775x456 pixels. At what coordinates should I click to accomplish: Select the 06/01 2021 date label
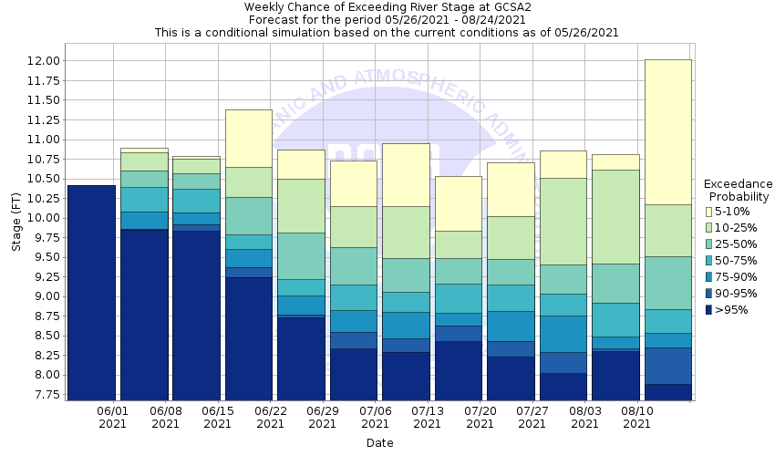tap(113, 418)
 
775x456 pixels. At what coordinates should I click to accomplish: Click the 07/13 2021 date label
tap(428, 418)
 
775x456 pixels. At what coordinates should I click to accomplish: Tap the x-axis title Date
tap(380, 442)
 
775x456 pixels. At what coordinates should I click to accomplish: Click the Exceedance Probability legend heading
tap(739, 191)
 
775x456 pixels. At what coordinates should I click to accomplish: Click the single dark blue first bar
tap(91, 292)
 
